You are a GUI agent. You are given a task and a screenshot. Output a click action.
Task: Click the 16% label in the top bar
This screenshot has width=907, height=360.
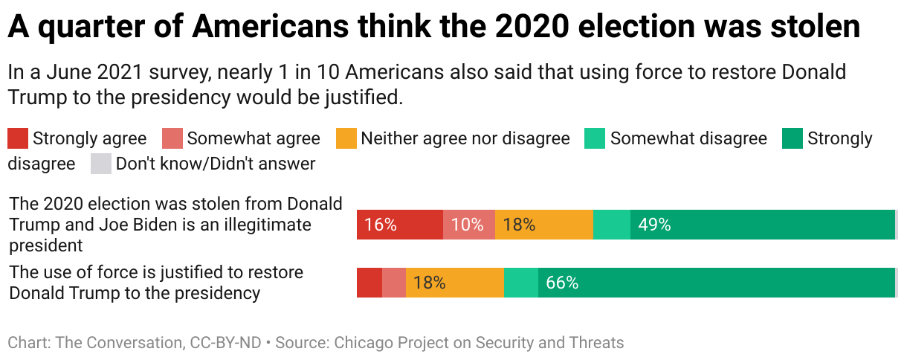point(381,225)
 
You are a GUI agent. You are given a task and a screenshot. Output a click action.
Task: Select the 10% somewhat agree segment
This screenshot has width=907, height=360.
point(468,225)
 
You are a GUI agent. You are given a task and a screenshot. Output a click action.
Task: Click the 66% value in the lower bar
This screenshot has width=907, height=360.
point(562,283)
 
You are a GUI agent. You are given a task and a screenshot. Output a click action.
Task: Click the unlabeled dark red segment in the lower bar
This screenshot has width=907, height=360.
point(369,283)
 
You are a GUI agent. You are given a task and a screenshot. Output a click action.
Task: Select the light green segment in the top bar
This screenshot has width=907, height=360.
point(612,225)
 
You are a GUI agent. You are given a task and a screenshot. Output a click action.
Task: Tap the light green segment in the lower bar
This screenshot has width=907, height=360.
point(520,283)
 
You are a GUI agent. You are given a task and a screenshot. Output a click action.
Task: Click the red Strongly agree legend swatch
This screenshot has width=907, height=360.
point(18,138)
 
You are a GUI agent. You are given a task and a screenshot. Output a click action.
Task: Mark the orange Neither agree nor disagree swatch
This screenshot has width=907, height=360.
point(346,138)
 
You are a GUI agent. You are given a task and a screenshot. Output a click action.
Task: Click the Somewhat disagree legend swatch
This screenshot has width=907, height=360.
point(595,138)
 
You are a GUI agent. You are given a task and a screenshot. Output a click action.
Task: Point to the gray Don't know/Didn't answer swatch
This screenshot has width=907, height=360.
point(100,164)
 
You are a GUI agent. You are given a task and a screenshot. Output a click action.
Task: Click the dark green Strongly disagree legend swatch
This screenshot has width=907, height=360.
point(793,138)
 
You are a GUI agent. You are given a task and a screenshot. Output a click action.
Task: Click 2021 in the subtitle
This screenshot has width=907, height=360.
point(118,73)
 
